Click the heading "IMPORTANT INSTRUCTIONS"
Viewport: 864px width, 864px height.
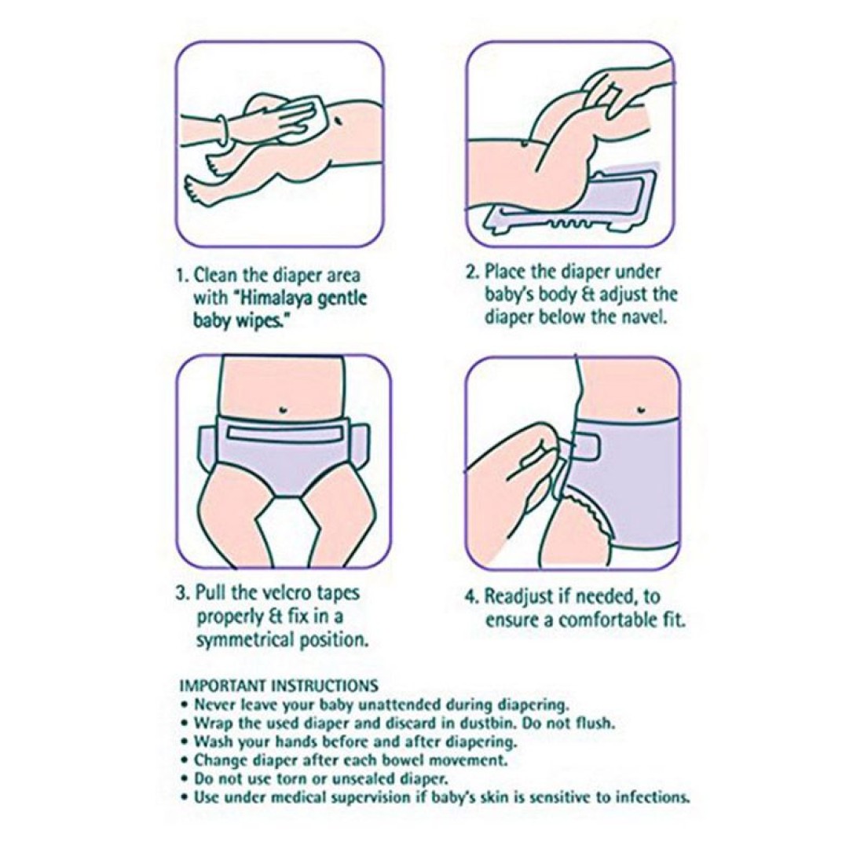(x=279, y=686)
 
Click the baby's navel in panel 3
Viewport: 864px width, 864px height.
(x=284, y=408)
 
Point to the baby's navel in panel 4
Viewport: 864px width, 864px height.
(x=640, y=409)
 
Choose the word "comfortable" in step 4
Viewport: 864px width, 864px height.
(x=605, y=621)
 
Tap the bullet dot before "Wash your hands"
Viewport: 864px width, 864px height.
(x=184, y=742)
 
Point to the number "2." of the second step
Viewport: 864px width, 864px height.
(x=474, y=273)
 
